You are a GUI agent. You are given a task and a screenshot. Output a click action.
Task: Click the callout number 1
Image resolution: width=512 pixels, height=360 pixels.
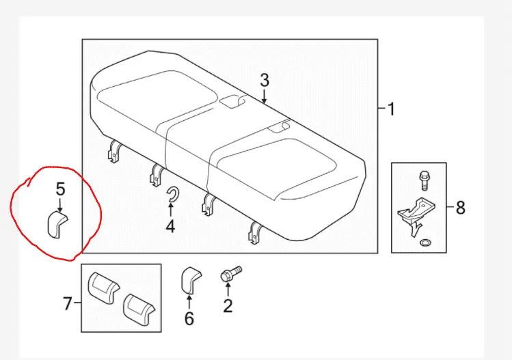coord(391,109)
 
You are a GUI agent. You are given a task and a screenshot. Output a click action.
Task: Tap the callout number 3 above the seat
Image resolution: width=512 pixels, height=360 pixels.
coord(265,81)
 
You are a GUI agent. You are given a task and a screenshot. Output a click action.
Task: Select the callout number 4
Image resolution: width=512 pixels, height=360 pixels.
coord(170,224)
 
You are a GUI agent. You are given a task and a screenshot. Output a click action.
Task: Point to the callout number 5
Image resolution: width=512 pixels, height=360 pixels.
coord(60,188)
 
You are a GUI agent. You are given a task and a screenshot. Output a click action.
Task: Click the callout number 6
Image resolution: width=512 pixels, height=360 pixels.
coord(189,318)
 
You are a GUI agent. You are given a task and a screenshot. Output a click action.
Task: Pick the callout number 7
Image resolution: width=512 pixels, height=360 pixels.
coord(67,303)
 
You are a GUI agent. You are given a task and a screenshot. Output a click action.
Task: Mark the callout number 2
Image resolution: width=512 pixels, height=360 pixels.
coord(228,305)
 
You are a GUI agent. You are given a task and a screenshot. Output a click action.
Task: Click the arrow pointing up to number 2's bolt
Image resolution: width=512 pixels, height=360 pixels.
coord(227,290)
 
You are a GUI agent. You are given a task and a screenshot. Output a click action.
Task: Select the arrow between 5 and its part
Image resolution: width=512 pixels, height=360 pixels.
coord(60,202)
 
